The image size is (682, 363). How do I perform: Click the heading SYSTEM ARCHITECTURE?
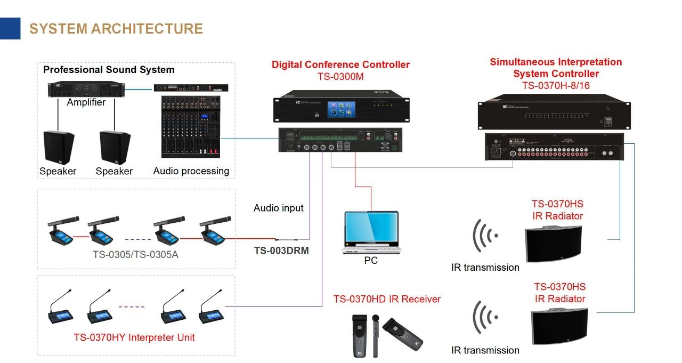tap(116, 28)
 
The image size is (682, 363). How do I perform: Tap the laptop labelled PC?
tap(371, 231)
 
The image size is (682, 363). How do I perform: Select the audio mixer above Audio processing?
tap(191, 127)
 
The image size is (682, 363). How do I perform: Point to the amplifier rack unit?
tap(86, 89)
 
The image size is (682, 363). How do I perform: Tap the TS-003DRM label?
tap(281, 250)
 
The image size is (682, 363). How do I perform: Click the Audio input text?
tap(278, 208)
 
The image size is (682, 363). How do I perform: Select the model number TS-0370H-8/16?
tap(556, 85)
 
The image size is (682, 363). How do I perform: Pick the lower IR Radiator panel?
tap(559, 326)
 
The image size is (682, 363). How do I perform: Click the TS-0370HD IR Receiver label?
tap(387, 299)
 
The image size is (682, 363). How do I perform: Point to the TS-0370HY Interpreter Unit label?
tap(134, 337)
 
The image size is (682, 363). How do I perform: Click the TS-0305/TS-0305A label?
tap(135, 254)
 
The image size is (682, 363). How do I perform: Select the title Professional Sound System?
tap(109, 70)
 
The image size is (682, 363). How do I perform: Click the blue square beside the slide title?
tap(10, 28)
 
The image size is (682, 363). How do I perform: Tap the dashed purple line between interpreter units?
tap(131, 306)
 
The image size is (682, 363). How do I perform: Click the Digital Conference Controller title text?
tap(340, 64)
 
